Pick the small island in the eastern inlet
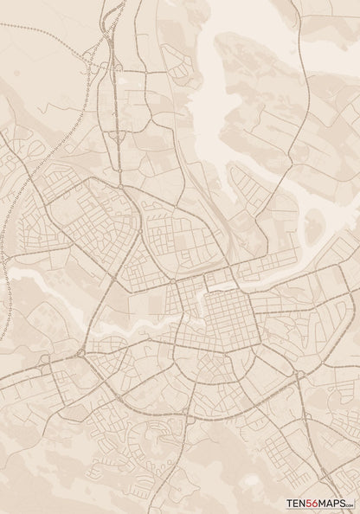pyautogui.click(x=312, y=227)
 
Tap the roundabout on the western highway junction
pyautogui.click(x=80, y=351)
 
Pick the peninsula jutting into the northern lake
pyautogui.click(x=251, y=95)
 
